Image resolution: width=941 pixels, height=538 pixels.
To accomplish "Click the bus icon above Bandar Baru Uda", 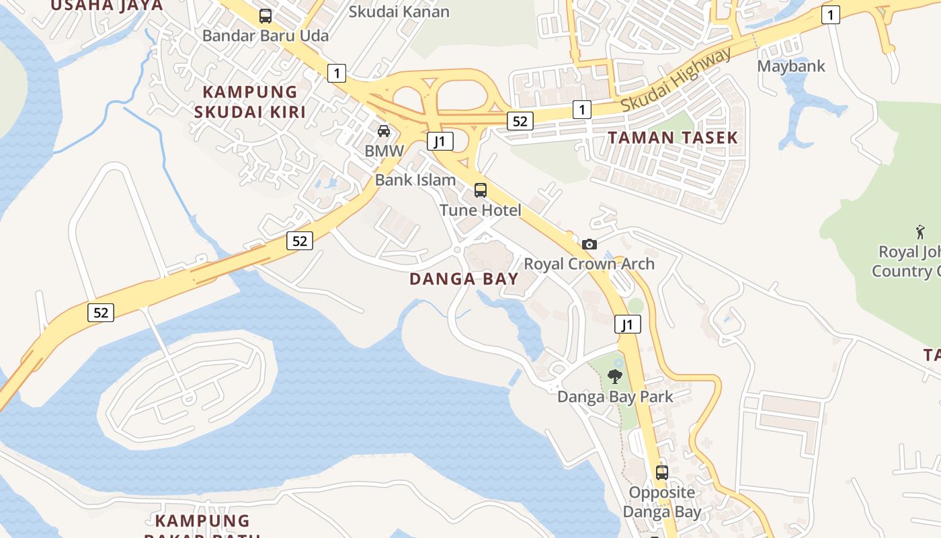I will [x=265, y=16].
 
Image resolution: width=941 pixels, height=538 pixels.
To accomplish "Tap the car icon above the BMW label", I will [x=384, y=131].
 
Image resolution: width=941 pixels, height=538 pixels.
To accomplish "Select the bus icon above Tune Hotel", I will [x=481, y=190].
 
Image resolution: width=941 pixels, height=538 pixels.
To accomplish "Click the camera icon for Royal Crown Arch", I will [x=589, y=244].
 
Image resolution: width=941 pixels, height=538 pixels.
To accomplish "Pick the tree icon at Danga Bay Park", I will [x=614, y=377].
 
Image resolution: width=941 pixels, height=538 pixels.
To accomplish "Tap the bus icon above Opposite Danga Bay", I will [x=662, y=472].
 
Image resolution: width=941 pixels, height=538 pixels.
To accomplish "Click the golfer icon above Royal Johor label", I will [x=920, y=233].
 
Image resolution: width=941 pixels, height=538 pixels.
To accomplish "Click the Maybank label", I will [x=791, y=66].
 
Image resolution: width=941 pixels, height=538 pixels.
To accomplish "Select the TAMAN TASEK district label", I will [x=673, y=138].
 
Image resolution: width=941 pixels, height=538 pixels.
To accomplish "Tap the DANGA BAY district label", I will [x=464, y=278].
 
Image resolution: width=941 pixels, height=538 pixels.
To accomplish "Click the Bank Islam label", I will [x=415, y=180].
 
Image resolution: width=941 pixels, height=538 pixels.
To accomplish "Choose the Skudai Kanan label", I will [x=399, y=11].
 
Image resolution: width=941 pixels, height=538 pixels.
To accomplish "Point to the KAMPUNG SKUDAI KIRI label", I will [x=250, y=102].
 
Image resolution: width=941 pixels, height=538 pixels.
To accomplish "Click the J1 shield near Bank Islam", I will [x=440, y=141].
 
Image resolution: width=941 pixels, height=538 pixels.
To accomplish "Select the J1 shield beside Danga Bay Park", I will [x=627, y=325].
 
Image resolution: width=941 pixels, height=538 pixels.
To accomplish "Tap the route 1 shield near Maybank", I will [x=831, y=15].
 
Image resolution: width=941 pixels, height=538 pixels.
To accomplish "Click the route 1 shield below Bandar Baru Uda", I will [x=337, y=73].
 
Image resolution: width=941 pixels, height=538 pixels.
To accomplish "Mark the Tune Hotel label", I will [x=480, y=210].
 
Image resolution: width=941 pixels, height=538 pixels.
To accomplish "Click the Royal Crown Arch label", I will [x=589, y=264].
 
